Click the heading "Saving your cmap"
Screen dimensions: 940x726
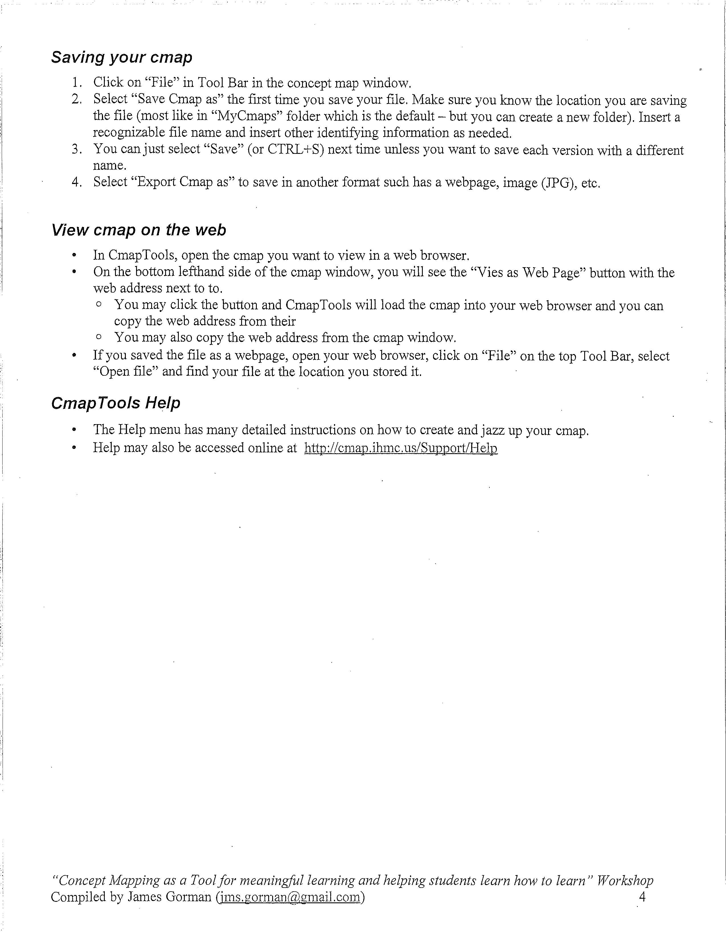click(x=122, y=57)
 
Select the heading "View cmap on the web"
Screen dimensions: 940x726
click(x=138, y=230)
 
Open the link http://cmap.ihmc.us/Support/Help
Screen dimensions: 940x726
click(x=401, y=448)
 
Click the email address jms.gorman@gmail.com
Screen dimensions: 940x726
click(x=290, y=897)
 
